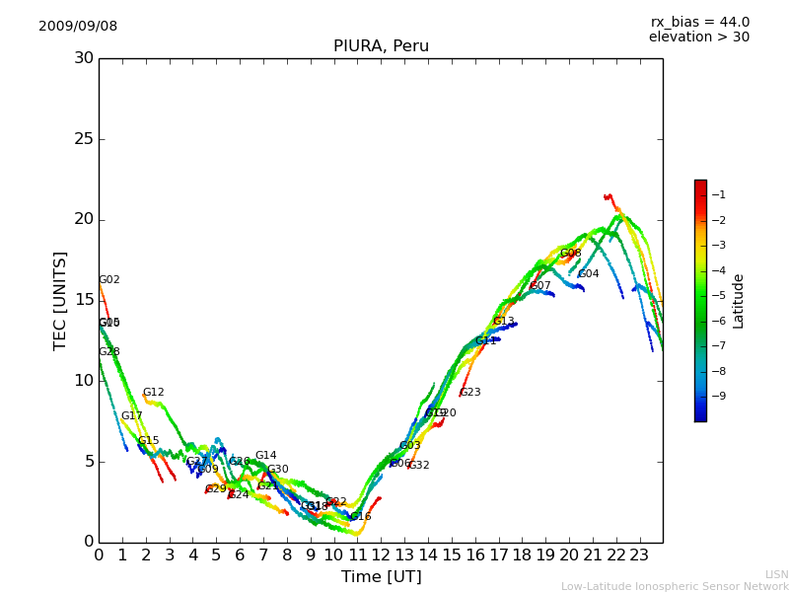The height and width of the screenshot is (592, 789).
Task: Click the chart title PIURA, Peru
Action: click(381, 46)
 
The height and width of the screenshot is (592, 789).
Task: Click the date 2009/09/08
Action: click(78, 27)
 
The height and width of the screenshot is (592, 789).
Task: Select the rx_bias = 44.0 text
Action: click(699, 23)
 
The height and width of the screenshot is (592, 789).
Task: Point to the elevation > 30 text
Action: click(698, 37)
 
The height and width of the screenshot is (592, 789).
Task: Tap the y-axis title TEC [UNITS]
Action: click(61, 300)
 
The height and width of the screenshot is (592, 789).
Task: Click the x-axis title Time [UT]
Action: click(381, 577)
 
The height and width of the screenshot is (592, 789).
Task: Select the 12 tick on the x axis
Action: click(381, 555)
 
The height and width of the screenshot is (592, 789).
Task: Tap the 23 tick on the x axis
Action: click(639, 555)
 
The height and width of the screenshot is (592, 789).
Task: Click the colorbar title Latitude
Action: click(739, 301)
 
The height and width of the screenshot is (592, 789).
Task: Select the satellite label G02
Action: click(109, 280)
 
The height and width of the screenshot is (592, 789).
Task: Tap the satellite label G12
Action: click(154, 393)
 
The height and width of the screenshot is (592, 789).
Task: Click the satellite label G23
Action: click(470, 393)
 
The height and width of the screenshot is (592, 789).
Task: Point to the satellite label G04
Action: click(589, 274)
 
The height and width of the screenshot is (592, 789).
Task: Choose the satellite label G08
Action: click(571, 254)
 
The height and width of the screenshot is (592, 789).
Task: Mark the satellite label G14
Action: click(266, 456)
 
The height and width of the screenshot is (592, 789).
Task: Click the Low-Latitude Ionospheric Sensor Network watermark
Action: click(675, 586)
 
